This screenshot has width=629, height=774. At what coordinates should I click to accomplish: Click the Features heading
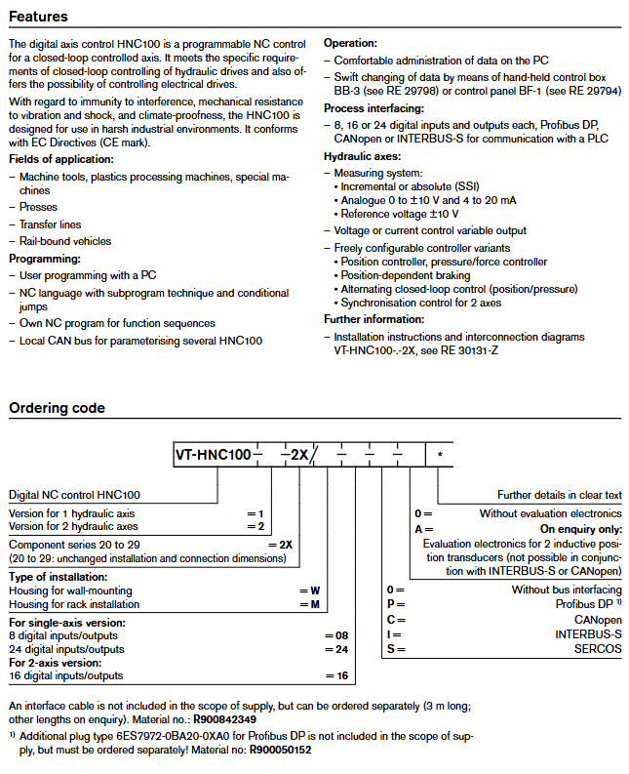click(x=38, y=16)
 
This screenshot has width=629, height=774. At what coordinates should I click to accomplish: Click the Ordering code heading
click(x=57, y=408)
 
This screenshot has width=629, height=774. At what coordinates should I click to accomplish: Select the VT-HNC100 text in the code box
click(x=213, y=454)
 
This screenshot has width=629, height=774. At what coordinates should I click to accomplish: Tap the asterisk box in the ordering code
click(x=440, y=455)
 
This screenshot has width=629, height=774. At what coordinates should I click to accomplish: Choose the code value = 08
click(x=335, y=634)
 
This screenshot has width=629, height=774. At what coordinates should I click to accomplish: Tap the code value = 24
click(x=335, y=648)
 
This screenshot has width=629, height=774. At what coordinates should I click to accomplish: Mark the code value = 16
click(x=335, y=675)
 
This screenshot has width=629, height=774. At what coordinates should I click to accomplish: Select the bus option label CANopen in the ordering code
click(x=597, y=619)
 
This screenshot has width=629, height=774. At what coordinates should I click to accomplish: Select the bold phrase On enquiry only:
click(x=580, y=528)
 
